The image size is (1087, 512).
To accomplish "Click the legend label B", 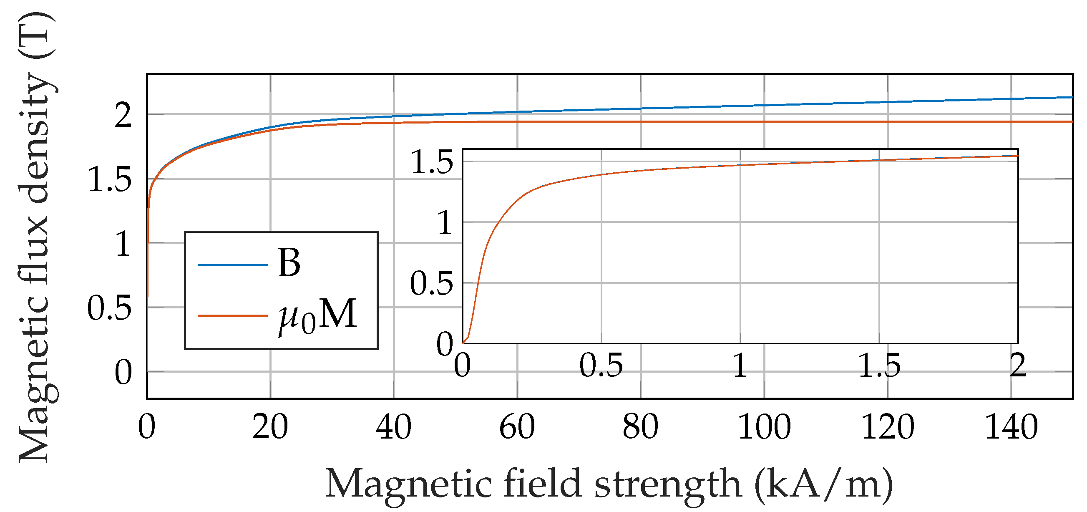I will click(289, 263).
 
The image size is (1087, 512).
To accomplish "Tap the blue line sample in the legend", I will click(232, 265).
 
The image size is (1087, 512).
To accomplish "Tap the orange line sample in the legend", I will click(232, 315).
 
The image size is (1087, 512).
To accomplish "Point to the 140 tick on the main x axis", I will click(1011, 427).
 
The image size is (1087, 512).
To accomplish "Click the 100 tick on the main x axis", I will click(764, 427).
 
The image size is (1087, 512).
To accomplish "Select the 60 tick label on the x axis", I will click(517, 427).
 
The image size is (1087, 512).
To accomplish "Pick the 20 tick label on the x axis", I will click(270, 427).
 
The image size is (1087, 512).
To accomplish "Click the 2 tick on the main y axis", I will click(123, 115).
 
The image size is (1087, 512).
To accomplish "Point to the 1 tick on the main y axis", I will click(123, 245).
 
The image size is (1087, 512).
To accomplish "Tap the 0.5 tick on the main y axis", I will click(109, 308).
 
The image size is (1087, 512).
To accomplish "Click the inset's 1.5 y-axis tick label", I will click(432, 162).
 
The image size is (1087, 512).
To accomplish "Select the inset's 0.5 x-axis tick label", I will click(601, 365).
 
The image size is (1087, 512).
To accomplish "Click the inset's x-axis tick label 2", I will click(1018, 365).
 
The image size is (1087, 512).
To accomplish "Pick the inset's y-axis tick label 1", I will click(445, 223).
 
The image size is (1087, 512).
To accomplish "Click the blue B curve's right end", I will click(1071, 98).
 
